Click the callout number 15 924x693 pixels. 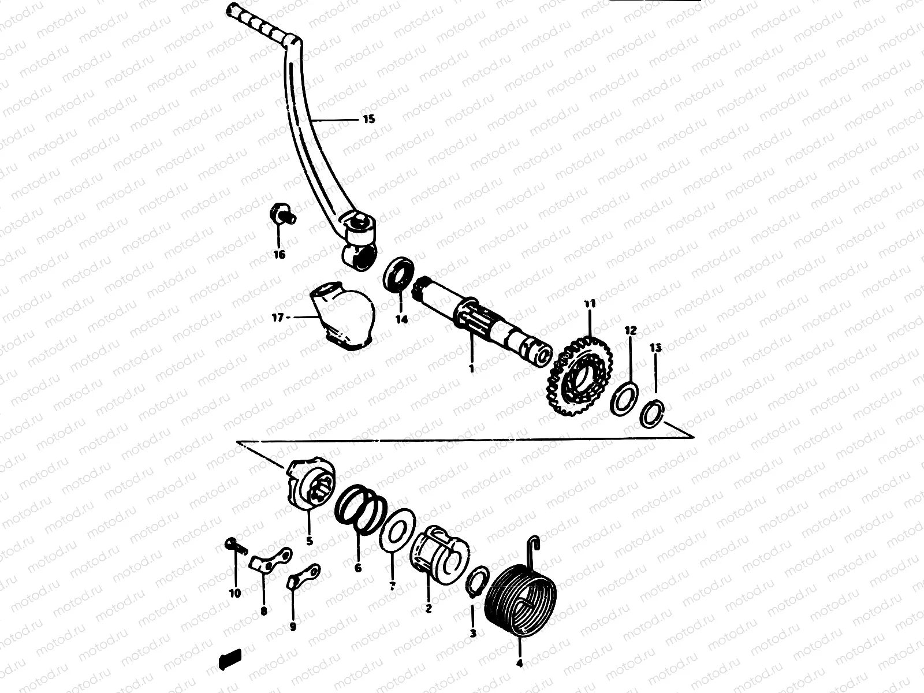[368, 120]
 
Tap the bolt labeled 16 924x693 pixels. [281, 215]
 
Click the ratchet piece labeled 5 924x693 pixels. [307, 485]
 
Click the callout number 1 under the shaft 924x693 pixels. [471, 368]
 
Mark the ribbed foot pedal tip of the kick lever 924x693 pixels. [260, 23]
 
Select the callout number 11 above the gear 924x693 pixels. [589, 304]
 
